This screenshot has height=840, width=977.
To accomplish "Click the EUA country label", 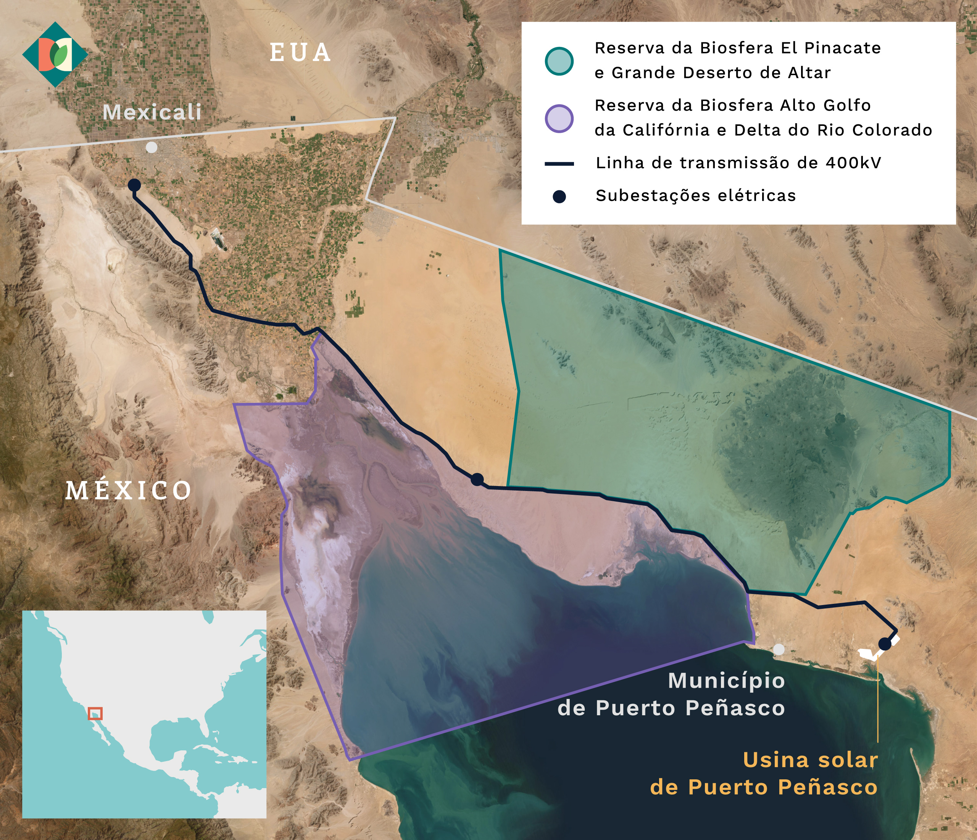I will click(300, 52).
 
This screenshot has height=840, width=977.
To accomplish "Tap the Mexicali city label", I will click(152, 112).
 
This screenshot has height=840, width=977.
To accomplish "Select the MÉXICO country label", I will click(128, 490).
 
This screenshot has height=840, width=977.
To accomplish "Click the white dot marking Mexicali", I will click(152, 148).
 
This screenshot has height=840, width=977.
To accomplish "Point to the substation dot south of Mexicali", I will click(134, 185).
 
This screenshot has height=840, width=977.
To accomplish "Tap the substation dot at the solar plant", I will click(885, 644).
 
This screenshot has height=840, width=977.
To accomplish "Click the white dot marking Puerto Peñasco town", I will click(779, 650).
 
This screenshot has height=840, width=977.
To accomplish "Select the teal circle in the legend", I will click(559, 61).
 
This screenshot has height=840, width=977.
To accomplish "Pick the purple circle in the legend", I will click(559, 118).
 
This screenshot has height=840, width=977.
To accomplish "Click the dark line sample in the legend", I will click(559, 164).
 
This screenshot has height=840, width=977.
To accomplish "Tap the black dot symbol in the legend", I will click(559, 196).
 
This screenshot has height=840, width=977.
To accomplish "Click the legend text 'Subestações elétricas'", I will click(695, 196).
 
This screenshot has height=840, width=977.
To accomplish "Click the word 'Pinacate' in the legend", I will click(842, 48).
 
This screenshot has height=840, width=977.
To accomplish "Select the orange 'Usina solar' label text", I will click(810, 760).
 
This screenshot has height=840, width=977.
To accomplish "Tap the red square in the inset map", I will click(95, 713).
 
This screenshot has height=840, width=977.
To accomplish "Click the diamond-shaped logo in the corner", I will click(55, 55).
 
